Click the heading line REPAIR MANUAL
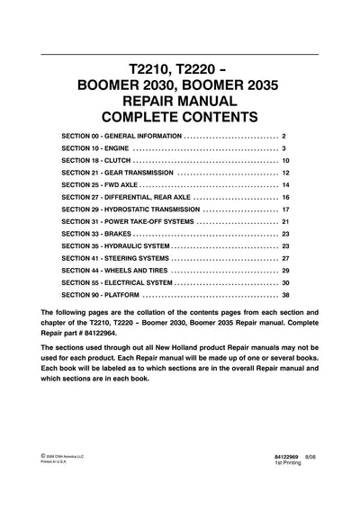click(179, 99)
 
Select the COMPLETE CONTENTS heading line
click(179, 116)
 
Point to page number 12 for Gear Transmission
click(285, 172)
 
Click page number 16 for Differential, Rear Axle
click(285, 196)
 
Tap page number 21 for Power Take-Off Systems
click(285, 220)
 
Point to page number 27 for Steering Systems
click(285, 257)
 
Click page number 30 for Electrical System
click(285, 281)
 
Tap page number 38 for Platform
click(285, 294)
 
